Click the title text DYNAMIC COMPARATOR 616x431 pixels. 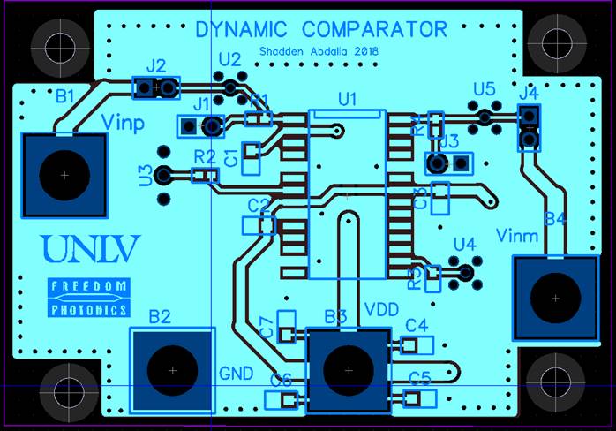[x=321, y=30]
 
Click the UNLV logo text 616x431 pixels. [x=90, y=249]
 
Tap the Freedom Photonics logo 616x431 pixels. [x=88, y=298]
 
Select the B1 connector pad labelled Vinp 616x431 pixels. [x=64, y=175]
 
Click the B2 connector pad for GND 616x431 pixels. [x=172, y=369]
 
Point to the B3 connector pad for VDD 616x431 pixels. [x=348, y=370]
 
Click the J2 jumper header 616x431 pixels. [x=155, y=87]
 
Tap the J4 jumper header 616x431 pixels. [x=529, y=128]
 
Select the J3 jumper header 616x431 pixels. [x=448, y=163]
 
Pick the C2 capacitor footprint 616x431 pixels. [x=259, y=225]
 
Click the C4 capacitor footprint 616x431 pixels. [x=415, y=344]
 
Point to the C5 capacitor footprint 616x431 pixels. [x=414, y=398]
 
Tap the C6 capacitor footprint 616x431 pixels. [x=282, y=400]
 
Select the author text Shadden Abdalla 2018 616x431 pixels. [x=319, y=52]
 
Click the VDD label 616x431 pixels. [x=382, y=311]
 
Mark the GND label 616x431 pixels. [x=236, y=372]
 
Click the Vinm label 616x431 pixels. [x=517, y=235]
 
